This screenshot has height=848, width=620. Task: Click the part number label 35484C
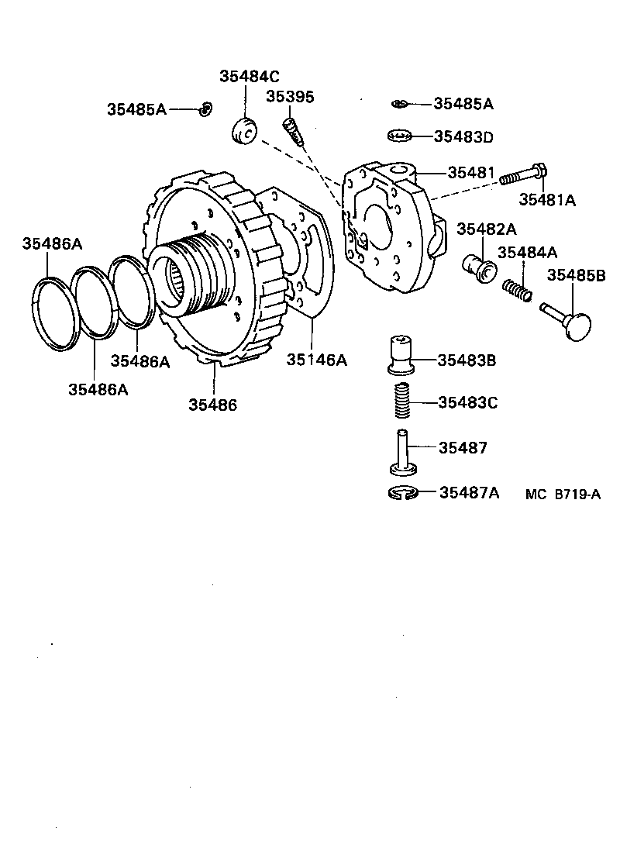coord(249,76)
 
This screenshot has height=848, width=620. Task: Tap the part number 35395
coord(290,96)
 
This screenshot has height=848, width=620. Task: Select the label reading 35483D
coord(463,136)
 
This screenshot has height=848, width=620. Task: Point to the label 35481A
coord(547,199)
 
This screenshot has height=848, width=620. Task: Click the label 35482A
coord(486,229)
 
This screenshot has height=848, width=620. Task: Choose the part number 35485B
coord(577,275)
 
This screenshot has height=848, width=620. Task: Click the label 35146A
coord(317,360)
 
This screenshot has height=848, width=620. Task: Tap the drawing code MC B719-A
coord(563,494)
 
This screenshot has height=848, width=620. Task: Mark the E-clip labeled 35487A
coord(402,491)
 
